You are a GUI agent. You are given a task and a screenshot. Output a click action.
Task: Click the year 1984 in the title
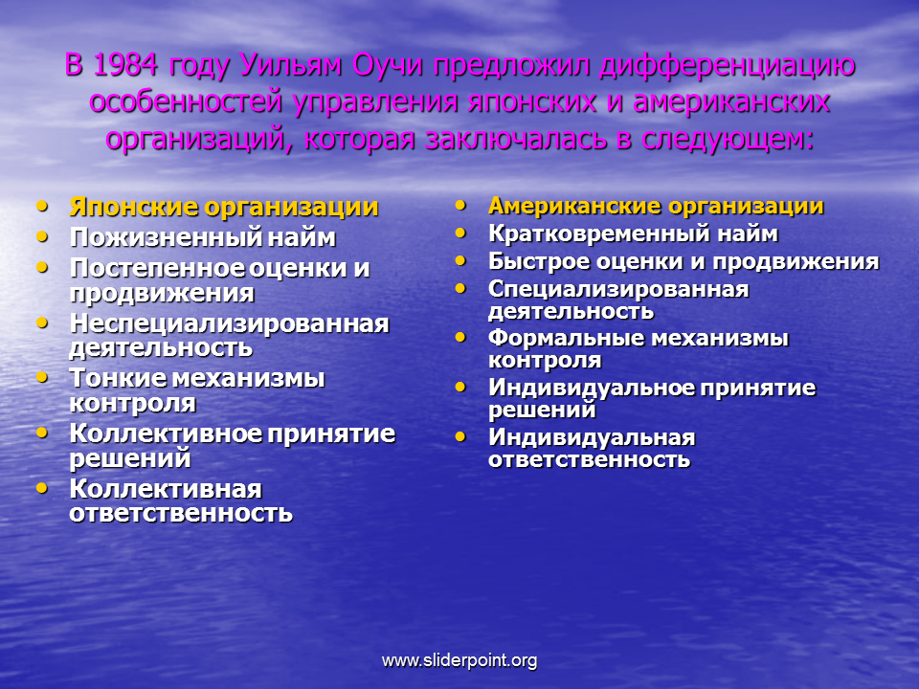coord(124,65)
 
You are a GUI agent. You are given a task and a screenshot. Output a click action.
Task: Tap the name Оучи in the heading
coord(388,65)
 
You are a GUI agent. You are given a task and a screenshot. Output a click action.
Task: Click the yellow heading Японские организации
coord(224,208)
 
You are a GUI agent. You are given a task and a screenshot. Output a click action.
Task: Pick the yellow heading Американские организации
coord(656,207)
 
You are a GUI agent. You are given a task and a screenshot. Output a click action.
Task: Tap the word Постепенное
coord(156,269)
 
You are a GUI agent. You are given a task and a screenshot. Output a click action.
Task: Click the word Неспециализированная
coord(229,323)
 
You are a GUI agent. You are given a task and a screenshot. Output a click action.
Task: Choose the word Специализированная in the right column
coord(618,289)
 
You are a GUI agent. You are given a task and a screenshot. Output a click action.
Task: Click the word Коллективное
coord(166,433)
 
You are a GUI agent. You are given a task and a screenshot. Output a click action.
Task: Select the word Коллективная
coord(166,489)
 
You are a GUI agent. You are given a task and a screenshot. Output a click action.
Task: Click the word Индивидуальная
coord(592,437)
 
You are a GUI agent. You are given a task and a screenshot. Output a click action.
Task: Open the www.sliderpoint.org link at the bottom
coord(459,661)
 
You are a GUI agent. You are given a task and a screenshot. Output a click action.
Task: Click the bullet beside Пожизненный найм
coord(41,236)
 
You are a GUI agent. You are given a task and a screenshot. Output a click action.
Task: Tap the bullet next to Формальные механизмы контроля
coord(460,338)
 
